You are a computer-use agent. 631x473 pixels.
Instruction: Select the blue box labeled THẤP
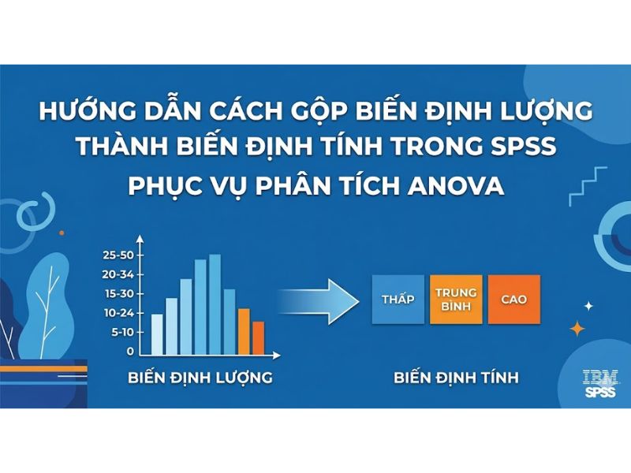click(x=398, y=300)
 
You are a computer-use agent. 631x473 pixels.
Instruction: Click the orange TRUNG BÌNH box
click(x=457, y=300)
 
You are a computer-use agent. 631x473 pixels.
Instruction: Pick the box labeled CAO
click(x=513, y=300)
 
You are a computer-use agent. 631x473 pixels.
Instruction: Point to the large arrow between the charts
click(x=319, y=300)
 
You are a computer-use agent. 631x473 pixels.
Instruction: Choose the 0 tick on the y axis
click(x=131, y=351)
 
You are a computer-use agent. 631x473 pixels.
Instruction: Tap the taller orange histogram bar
click(x=244, y=330)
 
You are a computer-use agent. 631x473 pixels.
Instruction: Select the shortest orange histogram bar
click(x=258, y=337)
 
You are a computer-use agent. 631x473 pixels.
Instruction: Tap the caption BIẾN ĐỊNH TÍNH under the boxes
click(x=456, y=378)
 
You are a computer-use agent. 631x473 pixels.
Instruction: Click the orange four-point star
click(x=578, y=329)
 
